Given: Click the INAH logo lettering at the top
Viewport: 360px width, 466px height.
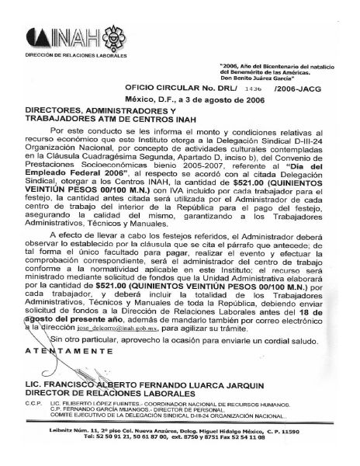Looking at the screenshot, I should [58, 37].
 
